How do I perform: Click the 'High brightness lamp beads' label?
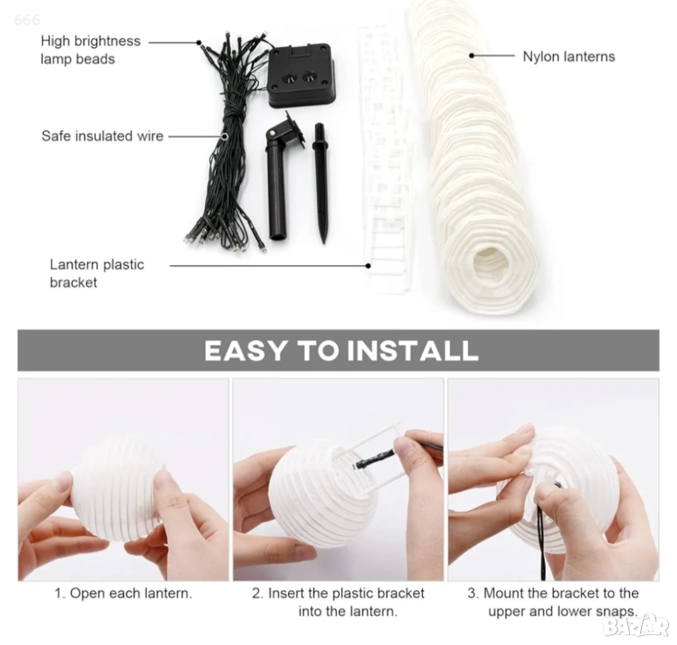point(91,50)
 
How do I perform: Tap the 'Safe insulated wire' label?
point(102,136)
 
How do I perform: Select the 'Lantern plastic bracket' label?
point(97,273)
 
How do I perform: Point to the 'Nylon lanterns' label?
point(569,56)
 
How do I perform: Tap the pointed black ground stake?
point(320,181)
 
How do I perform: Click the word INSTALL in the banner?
point(413,350)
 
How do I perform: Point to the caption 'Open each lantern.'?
point(123,593)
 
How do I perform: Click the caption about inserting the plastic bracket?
point(338,602)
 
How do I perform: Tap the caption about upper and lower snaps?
point(553,602)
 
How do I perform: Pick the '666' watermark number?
point(27,20)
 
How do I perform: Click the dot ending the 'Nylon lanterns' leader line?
point(471,55)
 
